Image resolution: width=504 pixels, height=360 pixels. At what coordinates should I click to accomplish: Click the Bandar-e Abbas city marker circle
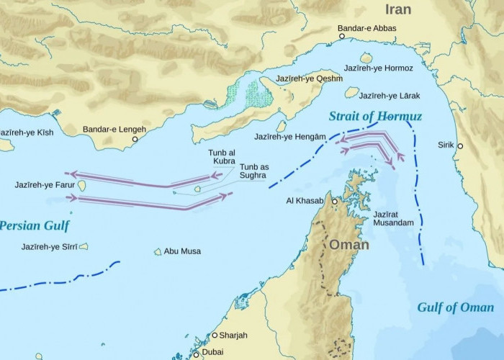click(x=343, y=37)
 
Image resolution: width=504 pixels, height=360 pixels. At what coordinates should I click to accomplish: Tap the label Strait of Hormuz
click(x=375, y=116)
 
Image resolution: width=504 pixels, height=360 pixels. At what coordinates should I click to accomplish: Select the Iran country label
click(x=398, y=9)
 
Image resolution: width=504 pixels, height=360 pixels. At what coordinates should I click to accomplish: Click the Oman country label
click(x=348, y=245)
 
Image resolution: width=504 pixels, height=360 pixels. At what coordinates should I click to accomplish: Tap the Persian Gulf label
click(x=34, y=225)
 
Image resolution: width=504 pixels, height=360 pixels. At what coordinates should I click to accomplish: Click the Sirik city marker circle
click(x=460, y=146)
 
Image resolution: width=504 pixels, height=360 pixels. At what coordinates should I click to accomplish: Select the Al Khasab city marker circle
click(x=334, y=202)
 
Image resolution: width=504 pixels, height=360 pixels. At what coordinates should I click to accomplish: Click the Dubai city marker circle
click(x=195, y=354)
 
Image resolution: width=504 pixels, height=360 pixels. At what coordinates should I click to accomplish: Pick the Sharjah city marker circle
click(x=215, y=336)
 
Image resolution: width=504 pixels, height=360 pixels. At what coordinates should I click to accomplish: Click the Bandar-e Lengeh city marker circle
click(x=134, y=139)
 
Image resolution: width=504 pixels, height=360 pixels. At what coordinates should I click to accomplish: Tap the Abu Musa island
click(x=158, y=251)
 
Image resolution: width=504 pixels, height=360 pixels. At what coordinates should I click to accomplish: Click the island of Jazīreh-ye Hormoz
click(x=366, y=58)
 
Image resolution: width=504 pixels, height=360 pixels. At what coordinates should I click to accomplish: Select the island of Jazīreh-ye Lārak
click(x=351, y=92)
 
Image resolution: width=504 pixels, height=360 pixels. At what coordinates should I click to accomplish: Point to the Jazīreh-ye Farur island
click(x=81, y=186)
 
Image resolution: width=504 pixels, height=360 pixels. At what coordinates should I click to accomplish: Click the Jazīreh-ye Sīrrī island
click(x=84, y=246)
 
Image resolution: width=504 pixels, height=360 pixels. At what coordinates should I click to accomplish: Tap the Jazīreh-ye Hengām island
click(x=282, y=126)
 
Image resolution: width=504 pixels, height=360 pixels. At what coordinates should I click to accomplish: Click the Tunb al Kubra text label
click(x=222, y=156)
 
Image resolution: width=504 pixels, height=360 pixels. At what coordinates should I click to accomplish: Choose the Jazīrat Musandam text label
click(x=393, y=219)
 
